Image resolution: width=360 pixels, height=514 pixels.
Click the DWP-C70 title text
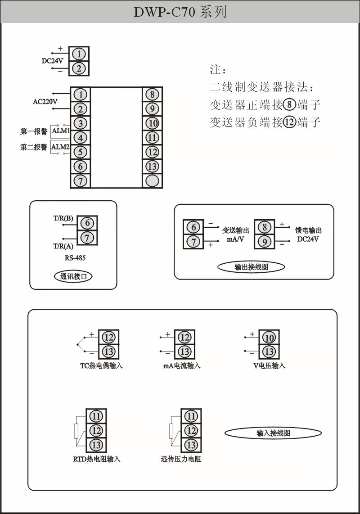pos(180,12)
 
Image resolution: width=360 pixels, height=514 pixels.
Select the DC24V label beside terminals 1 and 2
pos(53,61)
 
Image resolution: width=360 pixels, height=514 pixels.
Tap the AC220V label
pos(45,102)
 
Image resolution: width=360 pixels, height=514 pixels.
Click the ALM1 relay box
pos(61,131)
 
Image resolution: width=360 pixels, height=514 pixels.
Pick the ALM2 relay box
pos(60,147)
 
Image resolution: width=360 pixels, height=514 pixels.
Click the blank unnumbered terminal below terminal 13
pos(152,181)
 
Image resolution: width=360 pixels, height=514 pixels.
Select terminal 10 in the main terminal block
pos(152,123)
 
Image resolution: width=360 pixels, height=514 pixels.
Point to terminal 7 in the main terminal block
pos(81,181)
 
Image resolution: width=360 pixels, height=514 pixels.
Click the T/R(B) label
pos(63,218)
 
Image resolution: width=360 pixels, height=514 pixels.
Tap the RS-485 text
pos(75,258)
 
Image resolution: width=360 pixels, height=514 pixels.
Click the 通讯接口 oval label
pos(73,276)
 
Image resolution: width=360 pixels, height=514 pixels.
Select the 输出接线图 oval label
pos(251,267)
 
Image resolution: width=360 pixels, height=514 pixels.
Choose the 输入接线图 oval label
pos(273,433)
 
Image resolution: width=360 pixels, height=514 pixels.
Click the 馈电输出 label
pos(308,230)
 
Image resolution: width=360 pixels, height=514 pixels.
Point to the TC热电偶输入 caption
pos(101,366)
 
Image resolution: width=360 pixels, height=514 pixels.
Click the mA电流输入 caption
pos(182,366)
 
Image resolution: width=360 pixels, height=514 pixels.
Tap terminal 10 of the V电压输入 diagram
pos(269,338)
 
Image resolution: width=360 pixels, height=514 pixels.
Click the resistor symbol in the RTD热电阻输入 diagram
pos(76,431)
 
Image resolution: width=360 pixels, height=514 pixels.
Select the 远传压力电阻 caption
pos(180,459)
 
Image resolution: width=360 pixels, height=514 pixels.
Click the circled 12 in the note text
pos(289,122)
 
